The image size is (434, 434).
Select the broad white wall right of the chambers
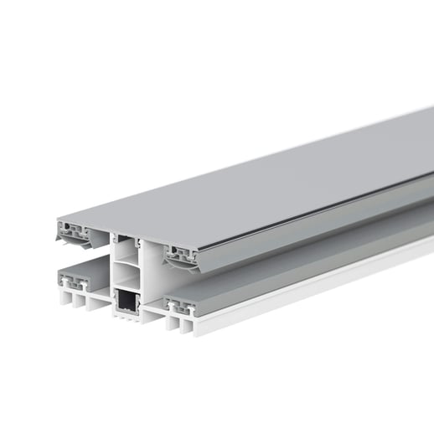155,276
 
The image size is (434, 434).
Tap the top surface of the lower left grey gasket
84,266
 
